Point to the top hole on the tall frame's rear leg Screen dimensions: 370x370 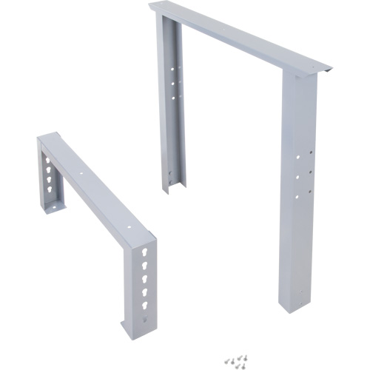[175, 72]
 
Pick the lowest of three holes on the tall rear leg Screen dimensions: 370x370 [175, 95]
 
